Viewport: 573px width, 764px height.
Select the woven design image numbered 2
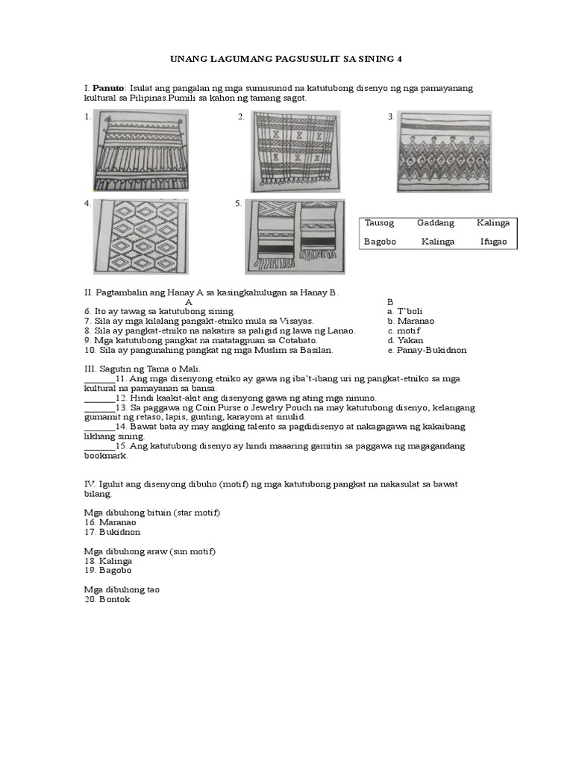295,151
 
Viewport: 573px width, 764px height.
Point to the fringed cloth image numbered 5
295,237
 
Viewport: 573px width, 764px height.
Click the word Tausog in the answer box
379,223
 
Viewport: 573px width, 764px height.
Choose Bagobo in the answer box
380,242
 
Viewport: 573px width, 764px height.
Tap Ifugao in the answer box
495,242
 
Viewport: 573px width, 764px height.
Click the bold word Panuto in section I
109,89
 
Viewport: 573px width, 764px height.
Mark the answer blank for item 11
98,379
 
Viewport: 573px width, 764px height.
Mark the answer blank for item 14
98,427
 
